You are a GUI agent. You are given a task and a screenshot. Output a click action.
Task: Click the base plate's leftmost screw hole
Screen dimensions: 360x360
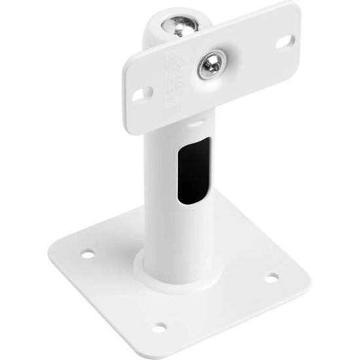click(87, 253)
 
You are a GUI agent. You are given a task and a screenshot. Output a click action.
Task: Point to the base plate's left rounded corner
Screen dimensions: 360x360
click(54, 245)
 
